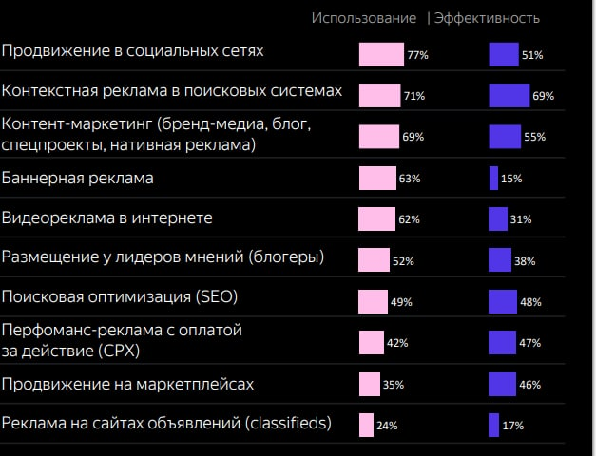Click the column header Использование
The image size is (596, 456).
pos(364,18)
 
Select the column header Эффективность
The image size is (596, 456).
pos(487,18)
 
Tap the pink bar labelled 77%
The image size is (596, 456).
pos(381,55)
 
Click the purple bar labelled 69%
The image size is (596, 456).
pos(509,96)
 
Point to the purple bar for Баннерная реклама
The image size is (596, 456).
pos(493,179)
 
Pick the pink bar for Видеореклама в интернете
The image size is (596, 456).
pos(376,219)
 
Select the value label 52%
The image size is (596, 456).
pos(403,261)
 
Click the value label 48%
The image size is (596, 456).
pos(530,302)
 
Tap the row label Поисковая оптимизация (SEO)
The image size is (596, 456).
pos(120,296)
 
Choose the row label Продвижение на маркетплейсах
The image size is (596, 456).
pos(127,384)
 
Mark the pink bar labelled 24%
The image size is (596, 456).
pos(366,425)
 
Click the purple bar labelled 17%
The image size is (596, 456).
pos(493,425)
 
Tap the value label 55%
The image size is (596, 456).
pos(534,137)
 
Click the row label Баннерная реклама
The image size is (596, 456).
pos(78,178)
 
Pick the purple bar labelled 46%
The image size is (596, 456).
pos(502,384)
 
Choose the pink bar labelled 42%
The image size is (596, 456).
pos(372,343)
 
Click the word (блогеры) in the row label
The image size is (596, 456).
pos(284,256)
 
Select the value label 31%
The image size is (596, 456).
pos(521,220)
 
